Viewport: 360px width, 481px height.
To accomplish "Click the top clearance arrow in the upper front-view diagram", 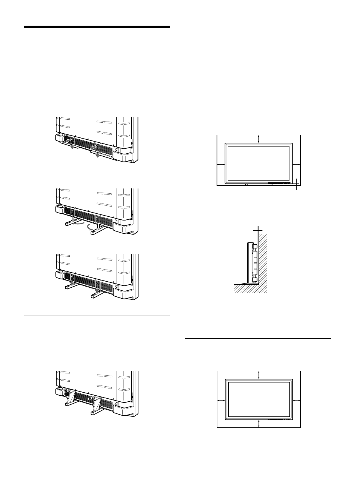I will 258,139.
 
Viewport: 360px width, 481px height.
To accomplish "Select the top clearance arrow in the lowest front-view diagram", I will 258,375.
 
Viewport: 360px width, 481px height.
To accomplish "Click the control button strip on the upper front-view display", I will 279,184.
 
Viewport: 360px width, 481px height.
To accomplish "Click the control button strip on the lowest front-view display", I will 279,419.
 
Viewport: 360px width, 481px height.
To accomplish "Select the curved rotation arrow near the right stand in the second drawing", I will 89,228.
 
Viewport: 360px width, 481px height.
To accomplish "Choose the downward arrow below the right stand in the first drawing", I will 98,155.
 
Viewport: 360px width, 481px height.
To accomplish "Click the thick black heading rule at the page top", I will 97,27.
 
